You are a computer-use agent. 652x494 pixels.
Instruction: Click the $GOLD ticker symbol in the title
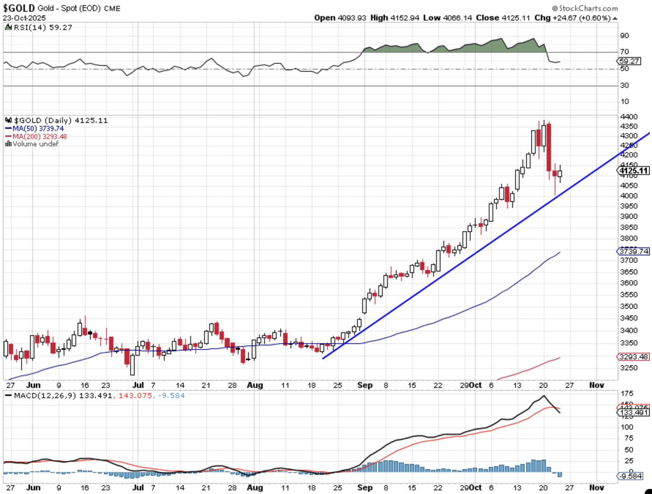(19, 8)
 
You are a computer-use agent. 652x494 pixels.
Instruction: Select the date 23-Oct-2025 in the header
(24, 18)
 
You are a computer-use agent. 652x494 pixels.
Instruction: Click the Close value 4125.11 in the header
(516, 18)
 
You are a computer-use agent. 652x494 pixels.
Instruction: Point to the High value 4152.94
(405, 18)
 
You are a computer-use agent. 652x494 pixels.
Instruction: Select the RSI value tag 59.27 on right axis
(629, 61)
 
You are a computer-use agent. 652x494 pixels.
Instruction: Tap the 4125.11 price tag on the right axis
(634, 171)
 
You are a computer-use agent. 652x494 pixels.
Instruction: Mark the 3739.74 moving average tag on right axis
(634, 251)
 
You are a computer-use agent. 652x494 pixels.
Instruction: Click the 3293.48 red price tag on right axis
(634, 356)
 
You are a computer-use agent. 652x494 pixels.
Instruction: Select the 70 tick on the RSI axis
(624, 52)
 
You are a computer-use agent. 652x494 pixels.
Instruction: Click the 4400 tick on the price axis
(629, 117)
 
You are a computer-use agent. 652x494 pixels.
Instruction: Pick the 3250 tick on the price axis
(629, 368)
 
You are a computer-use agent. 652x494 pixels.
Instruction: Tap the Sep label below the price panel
(365, 385)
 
